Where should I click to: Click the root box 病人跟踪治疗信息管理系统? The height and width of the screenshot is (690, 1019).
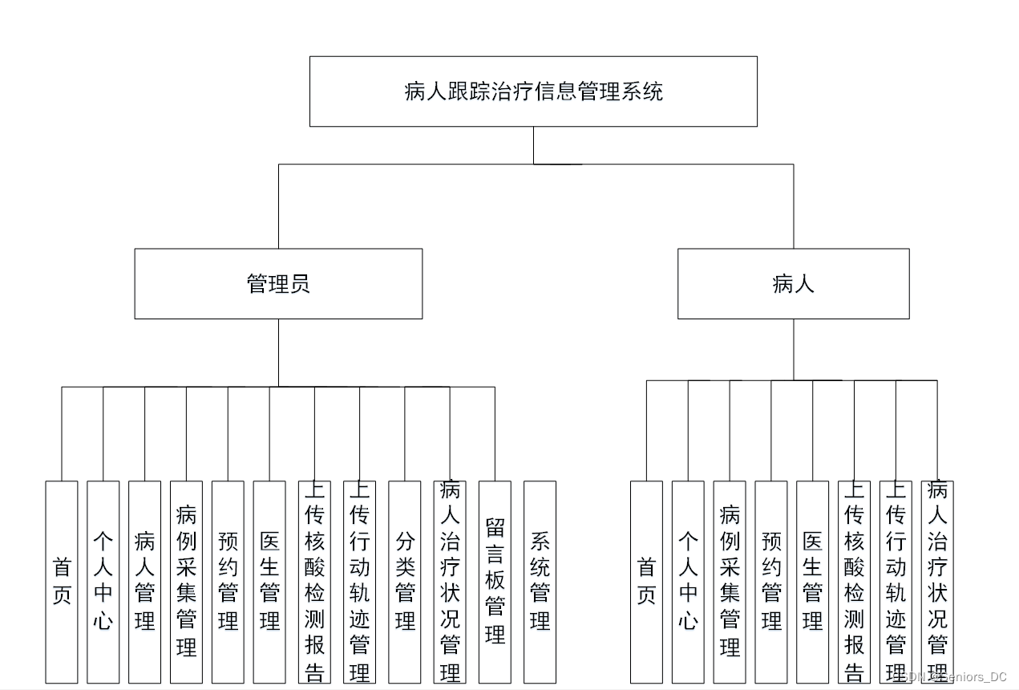[533, 91]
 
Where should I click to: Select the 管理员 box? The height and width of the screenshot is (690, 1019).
[278, 283]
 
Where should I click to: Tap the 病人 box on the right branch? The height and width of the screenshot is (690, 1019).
[793, 283]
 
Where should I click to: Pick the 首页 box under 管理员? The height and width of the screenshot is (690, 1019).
[62, 582]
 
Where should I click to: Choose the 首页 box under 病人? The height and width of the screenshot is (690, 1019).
[646, 582]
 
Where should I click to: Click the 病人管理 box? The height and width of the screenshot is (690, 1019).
[145, 582]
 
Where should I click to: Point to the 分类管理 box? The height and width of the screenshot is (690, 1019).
[405, 582]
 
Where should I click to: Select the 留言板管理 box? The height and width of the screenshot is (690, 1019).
[495, 582]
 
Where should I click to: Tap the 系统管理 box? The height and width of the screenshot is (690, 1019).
[540, 582]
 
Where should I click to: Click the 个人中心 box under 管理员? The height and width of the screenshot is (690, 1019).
[103, 582]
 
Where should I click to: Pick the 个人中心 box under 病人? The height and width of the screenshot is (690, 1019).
[688, 582]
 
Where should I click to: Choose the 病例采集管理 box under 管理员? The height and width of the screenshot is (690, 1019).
[186, 582]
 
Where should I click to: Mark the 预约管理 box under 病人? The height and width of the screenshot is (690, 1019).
[771, 582]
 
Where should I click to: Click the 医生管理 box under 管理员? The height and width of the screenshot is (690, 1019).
[269, 582]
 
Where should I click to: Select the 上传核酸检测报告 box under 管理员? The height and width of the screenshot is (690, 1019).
[314, 582]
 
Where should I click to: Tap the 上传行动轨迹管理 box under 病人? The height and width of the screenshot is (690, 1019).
[896, 582]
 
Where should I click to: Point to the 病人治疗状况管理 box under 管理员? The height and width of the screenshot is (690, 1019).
[450, 582]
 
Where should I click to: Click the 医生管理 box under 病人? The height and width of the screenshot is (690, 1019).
[813, 582]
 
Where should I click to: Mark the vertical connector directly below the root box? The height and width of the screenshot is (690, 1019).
[533, 145]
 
